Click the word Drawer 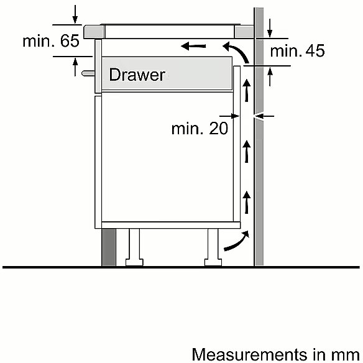[x=137, y=75]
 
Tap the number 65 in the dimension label [x=70, y=41]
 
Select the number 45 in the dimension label [x=315, y=51]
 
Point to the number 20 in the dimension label [x=218, y=128]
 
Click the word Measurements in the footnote [x=250, y=354]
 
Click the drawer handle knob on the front [x=88, y=73]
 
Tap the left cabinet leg [x=134, y=247]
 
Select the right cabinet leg [x=213, y=247]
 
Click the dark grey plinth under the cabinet [x=109, y=247]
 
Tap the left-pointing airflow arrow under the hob [x=193, y=46]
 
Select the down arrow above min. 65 [x=75, y=14]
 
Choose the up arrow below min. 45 [x=270, y=77]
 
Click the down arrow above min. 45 [x=270, y=28]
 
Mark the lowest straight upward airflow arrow [x=247, y=202]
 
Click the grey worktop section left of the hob [x=94, y=32]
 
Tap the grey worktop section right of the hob [x=244, y=32]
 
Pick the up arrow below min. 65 [x=75, y=67]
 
